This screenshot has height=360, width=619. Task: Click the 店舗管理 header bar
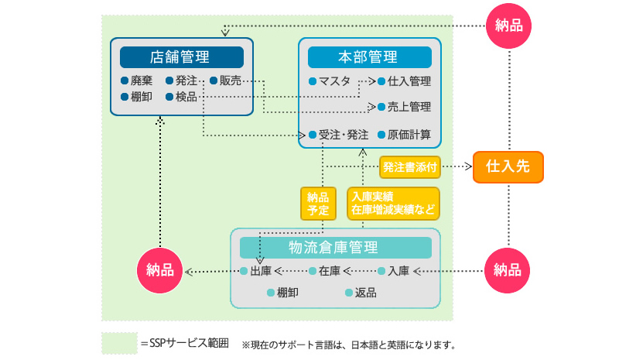(182, 57)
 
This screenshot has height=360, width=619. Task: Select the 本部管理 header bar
(370, 57)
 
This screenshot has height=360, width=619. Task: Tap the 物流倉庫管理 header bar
(336, 248)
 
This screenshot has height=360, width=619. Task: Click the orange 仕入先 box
(508, 166)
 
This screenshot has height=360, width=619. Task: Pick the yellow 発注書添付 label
(410, 167)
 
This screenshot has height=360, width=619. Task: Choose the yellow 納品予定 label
(318, 204)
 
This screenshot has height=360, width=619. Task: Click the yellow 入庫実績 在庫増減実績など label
(393, 204)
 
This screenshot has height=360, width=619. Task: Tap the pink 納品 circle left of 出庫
(160, 271)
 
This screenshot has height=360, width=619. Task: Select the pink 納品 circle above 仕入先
(509, 26)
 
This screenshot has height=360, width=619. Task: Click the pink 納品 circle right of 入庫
(508, 271)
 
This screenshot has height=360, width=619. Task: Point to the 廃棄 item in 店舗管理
(137, 81)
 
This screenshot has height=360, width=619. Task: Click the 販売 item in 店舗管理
(225, 81)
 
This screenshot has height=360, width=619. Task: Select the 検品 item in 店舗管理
(181, 97)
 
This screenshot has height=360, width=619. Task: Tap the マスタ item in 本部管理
(330, 81)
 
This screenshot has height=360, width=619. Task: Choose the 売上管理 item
(404, 107)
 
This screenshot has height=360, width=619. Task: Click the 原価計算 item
(404, 135)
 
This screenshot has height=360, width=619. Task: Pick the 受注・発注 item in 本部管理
(339, 135)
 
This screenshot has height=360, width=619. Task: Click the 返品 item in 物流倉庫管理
(361, 293)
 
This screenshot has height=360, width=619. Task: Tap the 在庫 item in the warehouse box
(324, 271)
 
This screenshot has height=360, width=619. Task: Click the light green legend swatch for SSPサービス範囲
(120, 343)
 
